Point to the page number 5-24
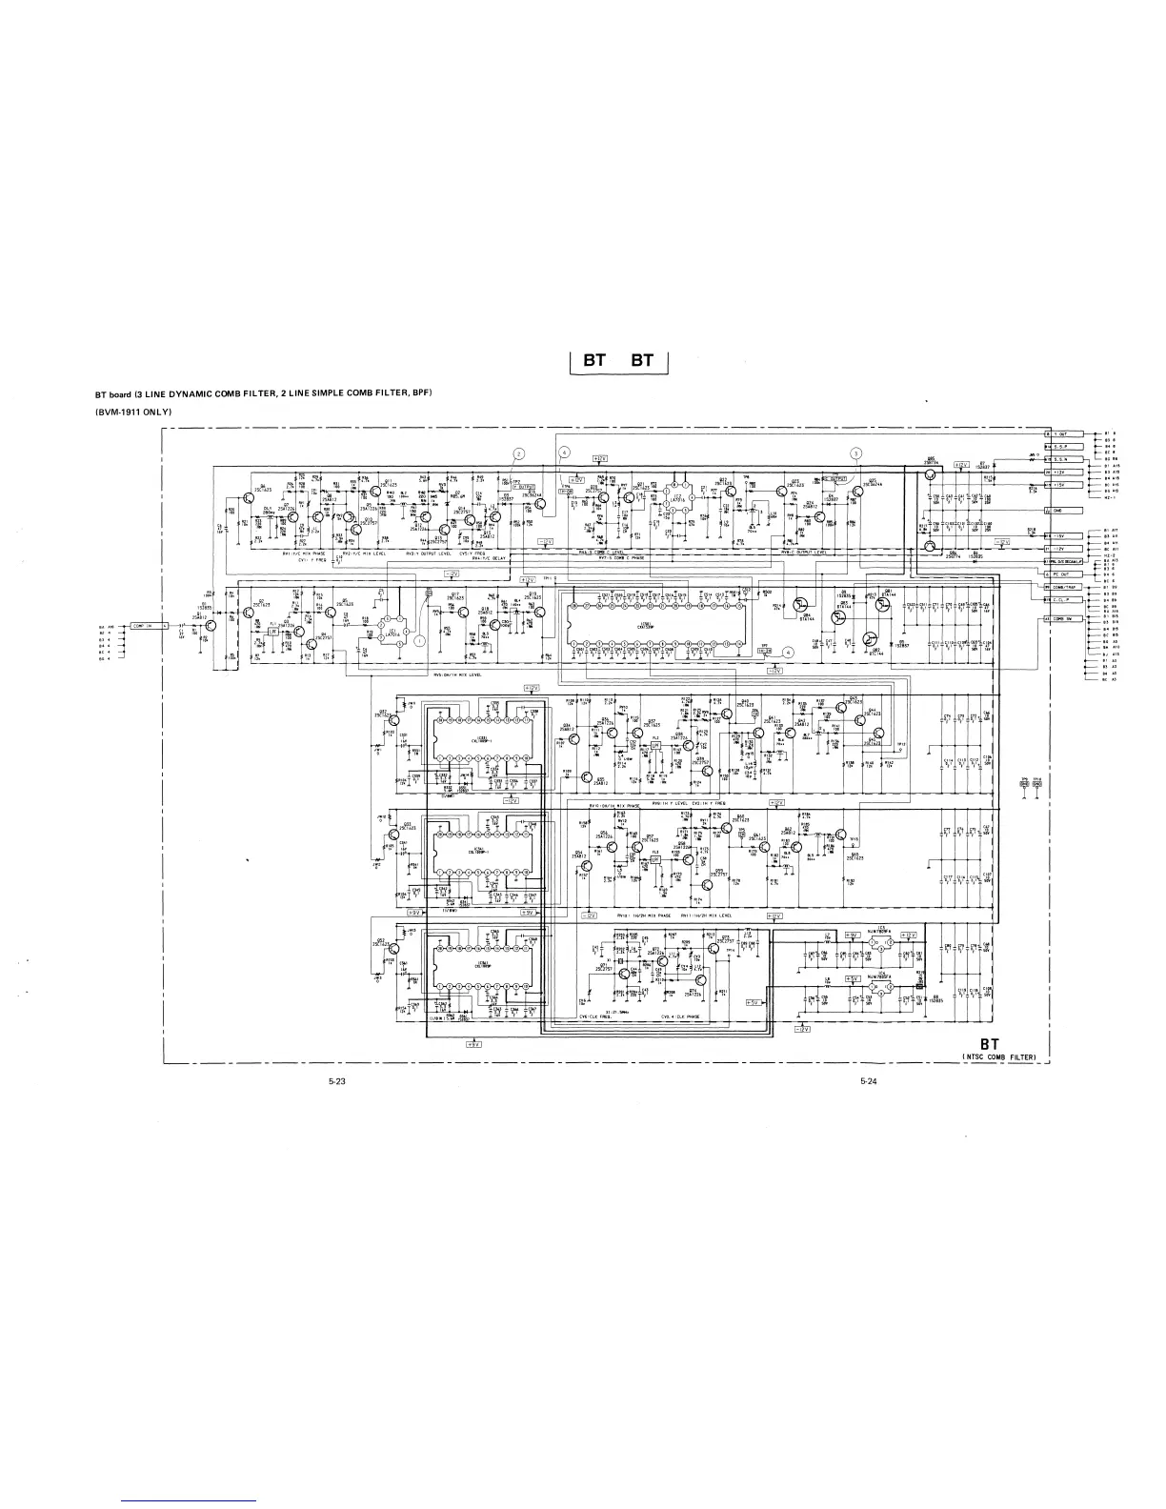pos(868,1080)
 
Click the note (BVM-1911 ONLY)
pos(131,411)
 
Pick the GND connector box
pos(1060,511)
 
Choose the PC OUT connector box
pos(1060,573)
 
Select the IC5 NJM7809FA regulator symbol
pos(881,942)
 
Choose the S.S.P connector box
pos(1061,446)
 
